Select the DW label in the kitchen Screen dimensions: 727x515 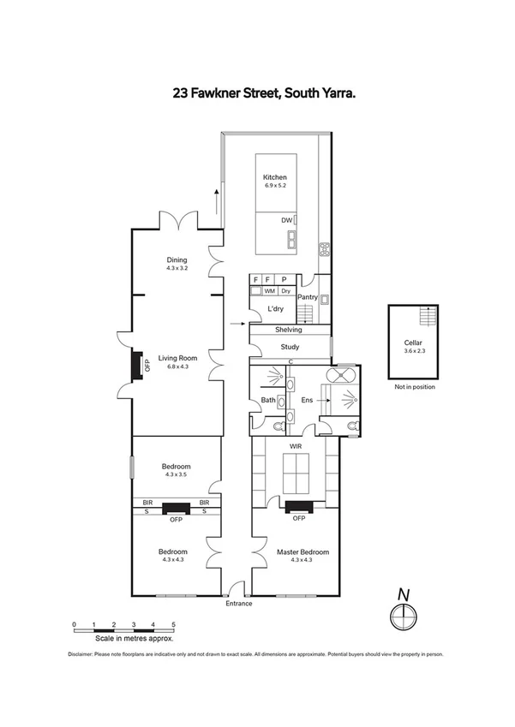pos(287,220)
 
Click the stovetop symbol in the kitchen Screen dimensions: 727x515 pos(326,250)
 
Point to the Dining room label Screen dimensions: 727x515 pos(177,260)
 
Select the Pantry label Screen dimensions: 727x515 pos(308,297)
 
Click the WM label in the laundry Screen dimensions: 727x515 pos(269,291)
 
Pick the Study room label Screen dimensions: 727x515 pos(290,347)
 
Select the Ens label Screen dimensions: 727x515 pos(305,400)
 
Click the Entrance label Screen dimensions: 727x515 pos(239,604)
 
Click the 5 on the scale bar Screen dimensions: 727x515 pos(173,624)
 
